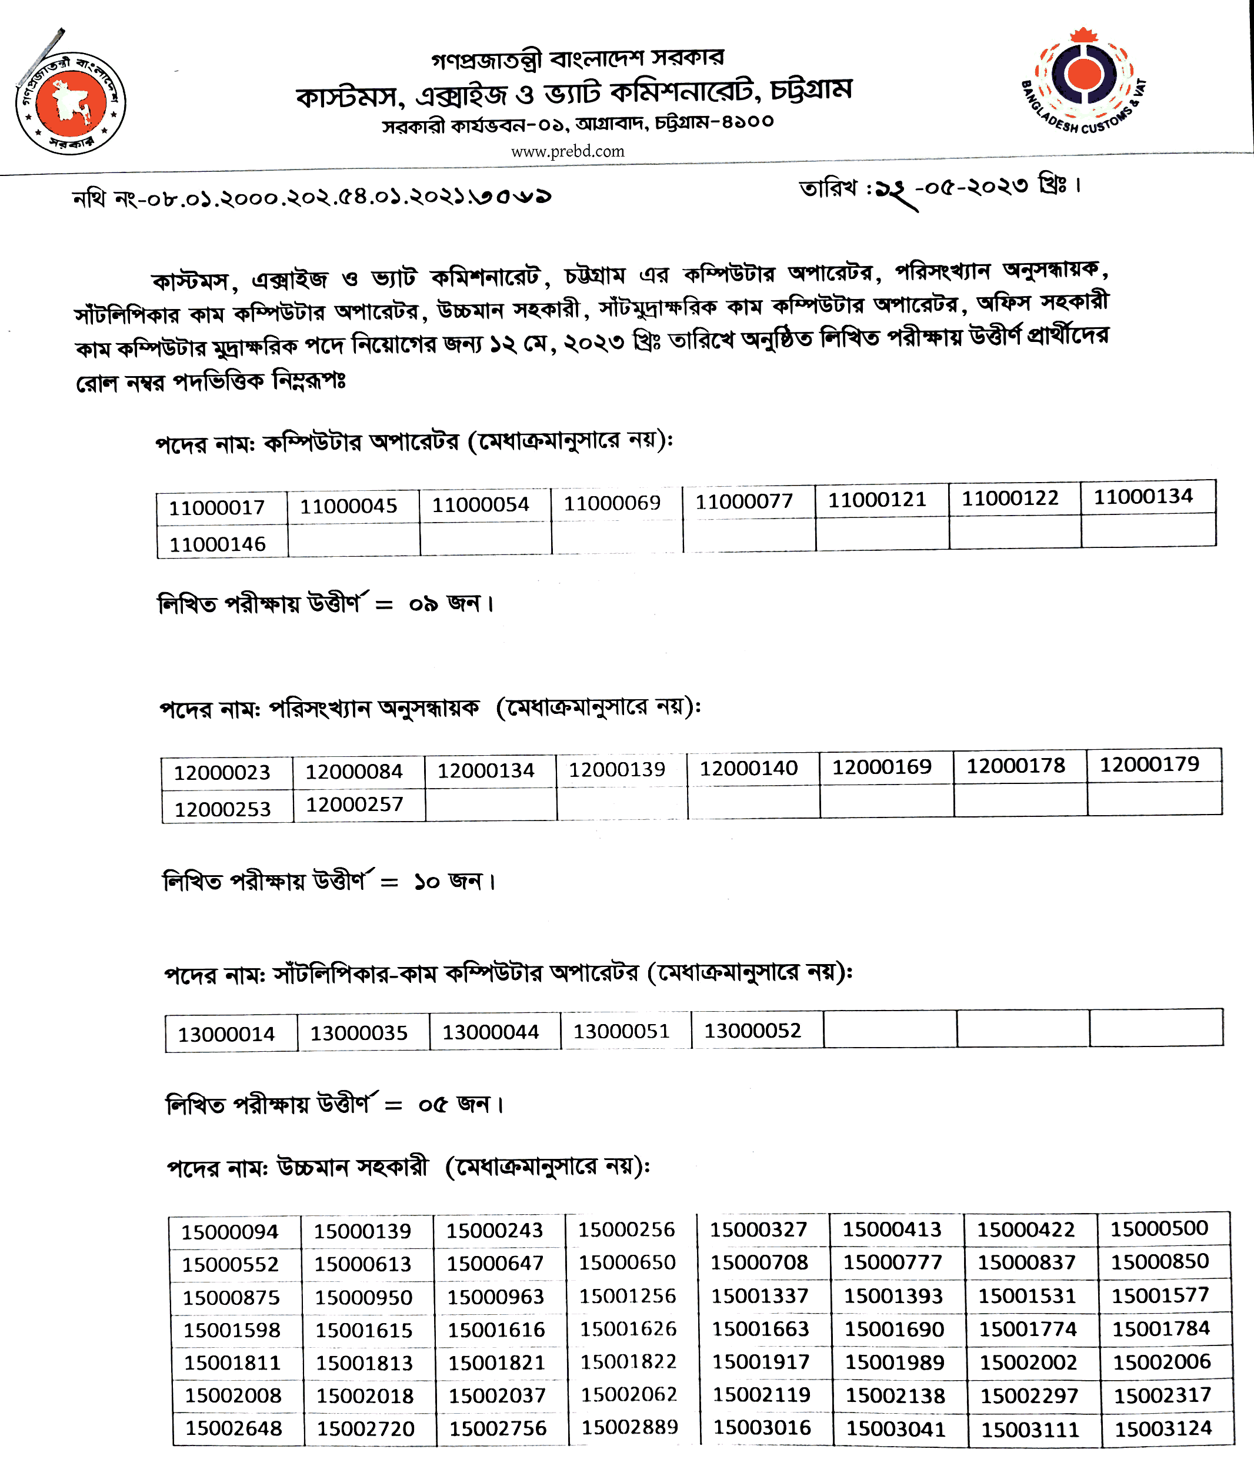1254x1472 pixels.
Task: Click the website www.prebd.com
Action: pyautogui.click(x=568, y=151)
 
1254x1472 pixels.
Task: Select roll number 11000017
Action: pyautogui.click(x=216, y=508)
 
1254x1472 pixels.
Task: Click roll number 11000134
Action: pyautogui.click(x=1143, y=497)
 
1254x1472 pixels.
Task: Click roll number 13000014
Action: pyautogui.click(x=226, y=1034)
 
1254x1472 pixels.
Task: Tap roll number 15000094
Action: pyautogui.click(x=229, y=1232)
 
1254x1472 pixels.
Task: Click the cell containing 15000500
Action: pyautogui.click(x=1159, y=1228)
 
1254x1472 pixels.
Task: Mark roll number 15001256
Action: pyautogui.click(x=627, y=1296)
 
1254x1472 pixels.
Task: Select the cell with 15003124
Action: pyautogui.click(x=1162, y=1428)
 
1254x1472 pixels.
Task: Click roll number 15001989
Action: pyautogui.click(x=894, y=1363)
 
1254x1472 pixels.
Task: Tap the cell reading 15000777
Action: pyautogui.click(x=893, y=1262)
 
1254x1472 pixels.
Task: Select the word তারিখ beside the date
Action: pyautogui.click(x=828, y=188)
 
